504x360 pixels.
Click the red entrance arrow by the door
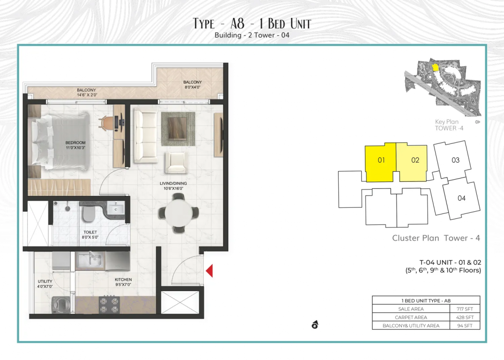point(209,271)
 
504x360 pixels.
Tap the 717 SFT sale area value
point(465,309)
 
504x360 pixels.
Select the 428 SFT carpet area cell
point(465,317)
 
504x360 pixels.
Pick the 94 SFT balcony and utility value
point(465,326)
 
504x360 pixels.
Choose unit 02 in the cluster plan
point(414,163)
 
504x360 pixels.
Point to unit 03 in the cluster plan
point(453,160)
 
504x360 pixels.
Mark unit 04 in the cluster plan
point(461,198)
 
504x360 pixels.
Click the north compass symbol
point(315,325)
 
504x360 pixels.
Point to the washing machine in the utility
point(61,304)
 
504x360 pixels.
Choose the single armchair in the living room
point(176,163)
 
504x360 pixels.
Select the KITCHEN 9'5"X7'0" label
point(123,282)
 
